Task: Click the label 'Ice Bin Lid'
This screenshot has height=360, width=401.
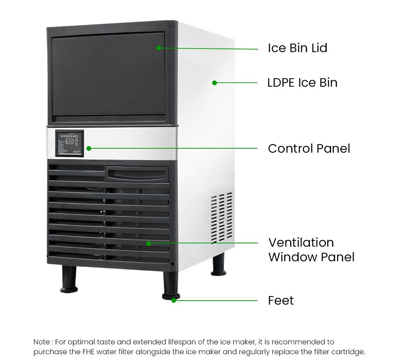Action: [297, 48]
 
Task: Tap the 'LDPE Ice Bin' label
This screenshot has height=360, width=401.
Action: [302, 83]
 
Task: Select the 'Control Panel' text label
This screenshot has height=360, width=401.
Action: [309, 149]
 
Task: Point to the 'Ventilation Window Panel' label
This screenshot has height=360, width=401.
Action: [311, 250]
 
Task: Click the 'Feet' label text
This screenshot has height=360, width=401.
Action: [281, 301]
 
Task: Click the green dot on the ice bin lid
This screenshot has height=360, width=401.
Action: [159, 48]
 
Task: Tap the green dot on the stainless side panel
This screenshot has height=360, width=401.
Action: [214, 83]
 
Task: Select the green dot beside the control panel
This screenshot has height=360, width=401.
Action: [89, 148]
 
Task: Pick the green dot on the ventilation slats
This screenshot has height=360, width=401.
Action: [148, 243]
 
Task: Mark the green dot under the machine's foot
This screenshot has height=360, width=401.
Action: [174, 300]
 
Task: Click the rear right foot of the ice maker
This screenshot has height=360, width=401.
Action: [219, 264]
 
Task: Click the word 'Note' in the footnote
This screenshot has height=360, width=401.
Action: [42, 342]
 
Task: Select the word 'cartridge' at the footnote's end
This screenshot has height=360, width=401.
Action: [348, 352]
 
